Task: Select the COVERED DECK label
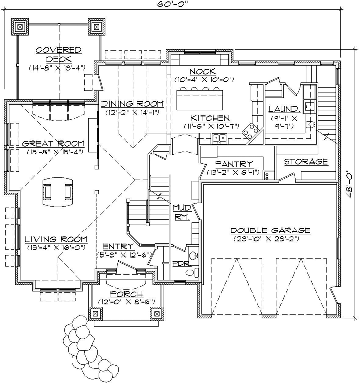pyautogui.click(x=58, y=54)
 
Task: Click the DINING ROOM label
pyautogui.click(x=132, y=104)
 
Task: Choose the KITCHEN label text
pyautogui.click(x=211, y=118)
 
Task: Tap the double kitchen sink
pyautogui.click(x=219, y=138)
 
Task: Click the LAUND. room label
pyautogui.click(x=284, y=109)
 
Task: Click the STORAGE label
pyautogui.click(x=305, y=162)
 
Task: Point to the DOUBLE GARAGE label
pyautogui.click(x=270, y=230)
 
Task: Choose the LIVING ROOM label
pyautogui.click(x=56, y=239)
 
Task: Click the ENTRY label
pyautogui.click(x=118, y=247)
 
